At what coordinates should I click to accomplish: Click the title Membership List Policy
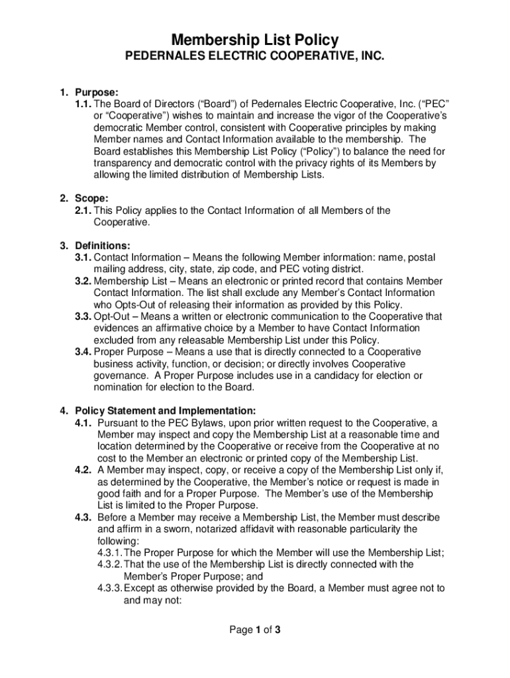tap(255, 41)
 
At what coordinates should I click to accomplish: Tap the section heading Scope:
tap(91, 199)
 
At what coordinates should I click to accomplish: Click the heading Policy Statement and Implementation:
tap(165, 411)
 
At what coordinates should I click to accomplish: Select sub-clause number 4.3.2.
tap(110, 564)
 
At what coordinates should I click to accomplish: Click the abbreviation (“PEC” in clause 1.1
tap(430, 105)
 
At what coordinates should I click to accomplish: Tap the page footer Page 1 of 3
tap(255, 630)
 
